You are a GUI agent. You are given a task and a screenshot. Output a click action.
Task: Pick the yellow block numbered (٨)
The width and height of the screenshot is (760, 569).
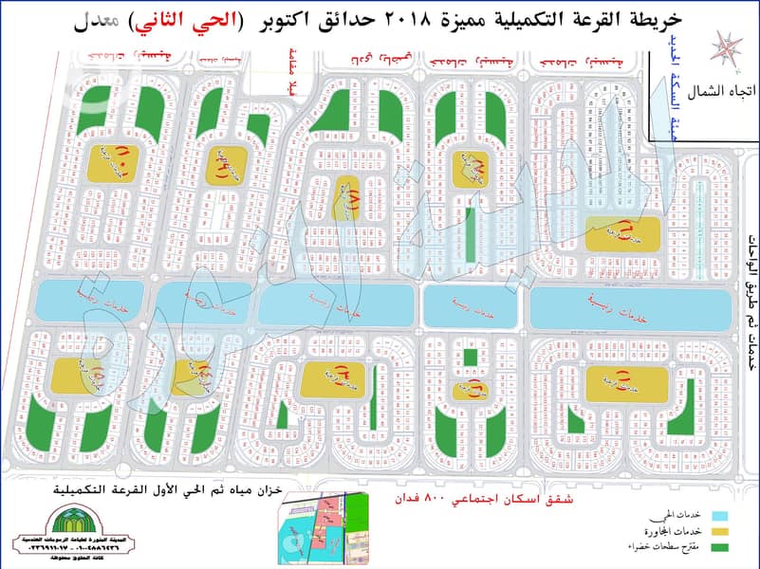tap(350, 191)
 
